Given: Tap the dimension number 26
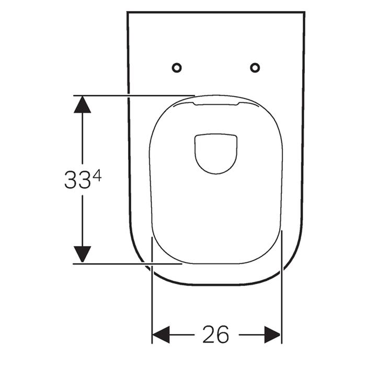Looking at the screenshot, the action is [x=215, y=335].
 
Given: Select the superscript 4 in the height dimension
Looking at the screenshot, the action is [x=97, y=175].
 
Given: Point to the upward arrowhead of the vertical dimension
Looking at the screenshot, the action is [x=82, y=105].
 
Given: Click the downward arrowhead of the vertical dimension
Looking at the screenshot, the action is [x=82, y=254].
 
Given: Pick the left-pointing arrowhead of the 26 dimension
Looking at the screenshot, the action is [x=161, y=335].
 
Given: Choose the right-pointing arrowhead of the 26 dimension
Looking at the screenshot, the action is [x=272, y=335].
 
